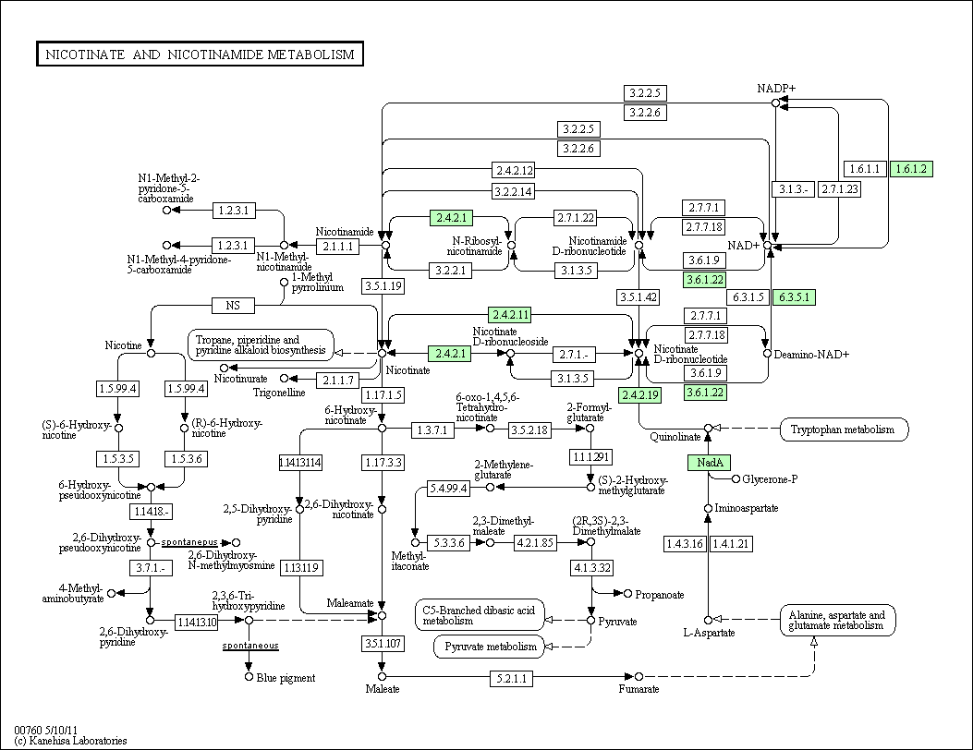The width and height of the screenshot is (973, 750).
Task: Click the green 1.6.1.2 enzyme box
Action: (912, 169)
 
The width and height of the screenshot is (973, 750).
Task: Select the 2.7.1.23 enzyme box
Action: (840, 189)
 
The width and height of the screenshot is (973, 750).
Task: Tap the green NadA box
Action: (709, 462)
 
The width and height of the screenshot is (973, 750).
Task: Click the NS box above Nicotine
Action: (233, 305)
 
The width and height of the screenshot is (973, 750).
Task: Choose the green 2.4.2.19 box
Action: (640, 395)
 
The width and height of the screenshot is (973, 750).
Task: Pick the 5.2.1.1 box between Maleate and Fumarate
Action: (511, 678)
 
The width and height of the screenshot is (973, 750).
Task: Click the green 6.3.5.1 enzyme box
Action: (794, 297)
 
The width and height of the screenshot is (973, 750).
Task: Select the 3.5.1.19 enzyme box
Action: (383, 286)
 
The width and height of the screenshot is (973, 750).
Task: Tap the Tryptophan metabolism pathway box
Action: (844, 429)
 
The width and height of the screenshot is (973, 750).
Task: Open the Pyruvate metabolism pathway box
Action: (491, 647)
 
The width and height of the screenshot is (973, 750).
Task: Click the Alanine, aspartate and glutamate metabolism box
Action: (838, 620)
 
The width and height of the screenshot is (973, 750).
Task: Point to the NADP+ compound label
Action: (775, 89)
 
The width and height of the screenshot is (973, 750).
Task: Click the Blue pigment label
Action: (286, 678)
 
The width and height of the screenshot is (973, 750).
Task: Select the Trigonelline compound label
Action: (279, 393)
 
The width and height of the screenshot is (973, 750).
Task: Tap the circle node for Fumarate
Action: (639, 676)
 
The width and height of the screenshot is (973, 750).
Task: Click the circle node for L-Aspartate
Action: (708, 620)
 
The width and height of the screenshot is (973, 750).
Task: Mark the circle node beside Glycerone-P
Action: (736, 478)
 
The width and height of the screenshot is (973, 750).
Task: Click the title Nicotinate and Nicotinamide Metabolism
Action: (200, 54)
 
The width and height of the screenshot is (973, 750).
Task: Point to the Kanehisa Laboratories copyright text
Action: (70, 741)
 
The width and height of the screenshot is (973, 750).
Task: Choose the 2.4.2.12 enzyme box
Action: (514, 170)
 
